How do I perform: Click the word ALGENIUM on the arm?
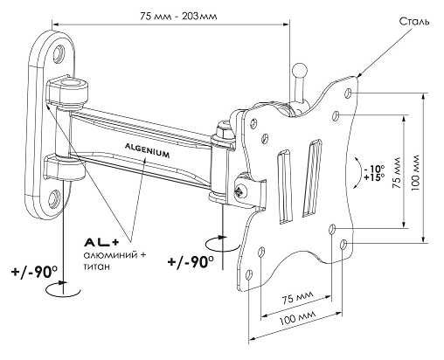point(147,149)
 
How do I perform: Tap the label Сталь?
point(414,22)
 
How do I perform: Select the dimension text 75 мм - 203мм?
point(178,16)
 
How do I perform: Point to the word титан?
point(97,267)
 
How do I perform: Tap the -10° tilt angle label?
point(374,169)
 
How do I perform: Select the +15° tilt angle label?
point(374,177)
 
